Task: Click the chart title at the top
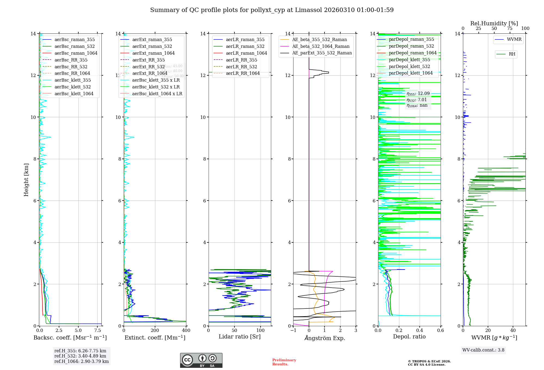point(272,10)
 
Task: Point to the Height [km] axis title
point(26,180)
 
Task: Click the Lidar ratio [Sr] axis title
point(239,337)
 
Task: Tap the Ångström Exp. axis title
point(324,338)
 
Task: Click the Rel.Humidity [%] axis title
point(494,23)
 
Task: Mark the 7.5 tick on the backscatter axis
point(98,331)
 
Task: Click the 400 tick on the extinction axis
point(186,331)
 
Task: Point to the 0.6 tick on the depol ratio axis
point(440,331)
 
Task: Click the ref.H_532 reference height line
point(80,356)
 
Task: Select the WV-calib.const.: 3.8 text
point(483,350)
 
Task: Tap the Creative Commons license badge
point(201,360)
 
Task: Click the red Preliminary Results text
point(284,362)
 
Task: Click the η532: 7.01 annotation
point(417,100)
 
